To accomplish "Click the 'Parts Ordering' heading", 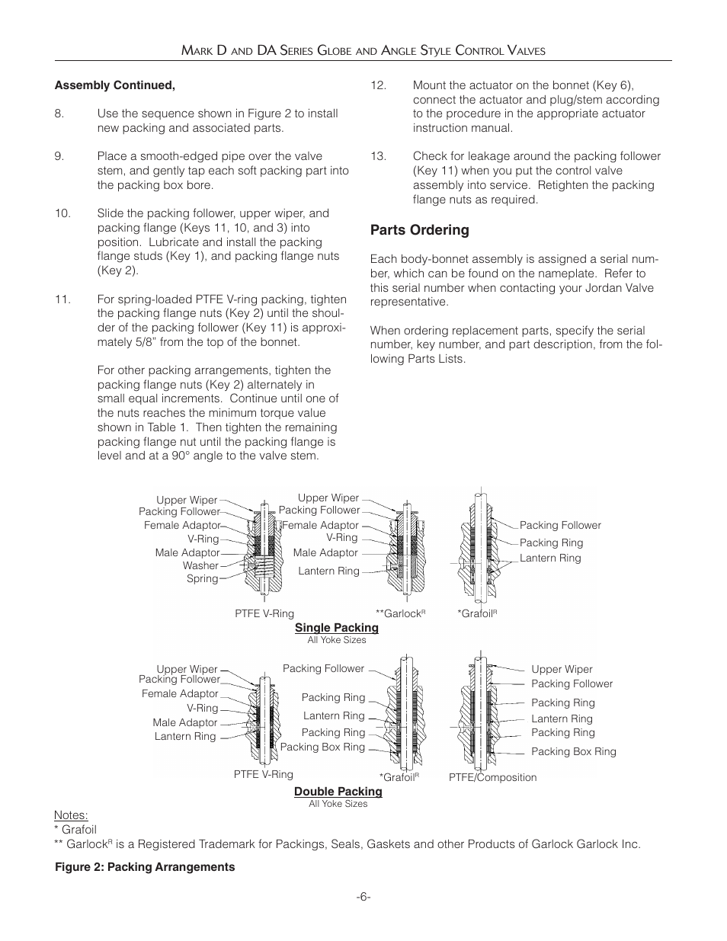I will pos(419,230).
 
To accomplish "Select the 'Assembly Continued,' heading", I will pos(114,85).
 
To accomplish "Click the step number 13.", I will pos(378,156).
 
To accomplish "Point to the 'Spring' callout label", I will pos(202,579).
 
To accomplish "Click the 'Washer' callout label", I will pos(200,566).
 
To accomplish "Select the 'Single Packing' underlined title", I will pos(336,628).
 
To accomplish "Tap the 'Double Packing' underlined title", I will pos(338,792).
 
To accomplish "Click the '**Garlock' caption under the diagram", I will pos(399,613).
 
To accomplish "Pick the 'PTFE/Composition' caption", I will pos(492,778).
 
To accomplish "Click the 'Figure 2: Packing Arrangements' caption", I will pos(144,867).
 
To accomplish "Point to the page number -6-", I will pos(363,897).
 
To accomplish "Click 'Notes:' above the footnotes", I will pos(70,815).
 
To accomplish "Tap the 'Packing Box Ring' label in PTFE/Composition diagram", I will pos(573,751).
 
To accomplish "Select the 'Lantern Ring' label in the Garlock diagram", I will pos(328,571).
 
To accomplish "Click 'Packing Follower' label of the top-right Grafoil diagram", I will pos(560,526).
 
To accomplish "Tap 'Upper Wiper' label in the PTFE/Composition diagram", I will pos(562,669).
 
